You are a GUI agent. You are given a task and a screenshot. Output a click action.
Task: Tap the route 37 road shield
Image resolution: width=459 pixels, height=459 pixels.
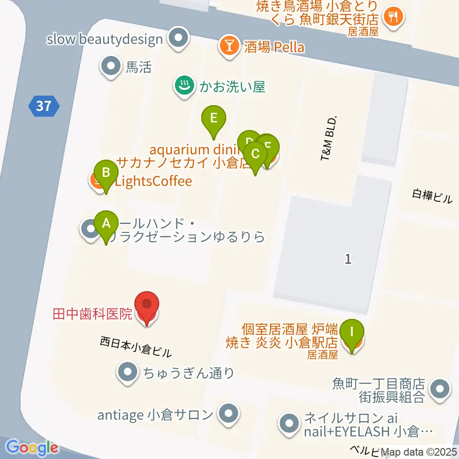(44, 105)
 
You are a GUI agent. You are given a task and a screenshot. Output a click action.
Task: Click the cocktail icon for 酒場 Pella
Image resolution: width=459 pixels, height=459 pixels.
(229, 46)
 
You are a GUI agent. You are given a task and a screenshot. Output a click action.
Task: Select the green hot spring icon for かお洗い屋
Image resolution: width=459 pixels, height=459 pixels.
(183, 87)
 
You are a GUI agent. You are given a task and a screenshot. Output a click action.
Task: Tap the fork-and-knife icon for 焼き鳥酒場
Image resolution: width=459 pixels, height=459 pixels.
(394, 17)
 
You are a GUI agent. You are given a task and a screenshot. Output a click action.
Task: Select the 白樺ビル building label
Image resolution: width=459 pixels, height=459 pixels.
(432, 196)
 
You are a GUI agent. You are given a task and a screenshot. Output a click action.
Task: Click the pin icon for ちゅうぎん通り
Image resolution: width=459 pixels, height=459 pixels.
(127, 372)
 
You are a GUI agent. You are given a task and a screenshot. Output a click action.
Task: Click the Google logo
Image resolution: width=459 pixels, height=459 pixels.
(33, 448)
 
